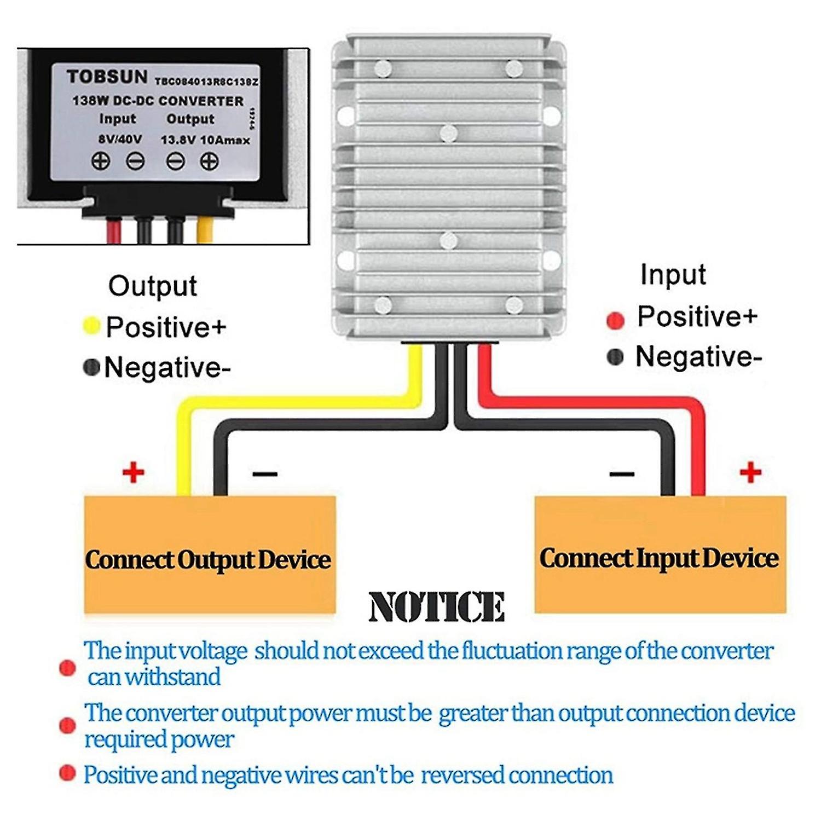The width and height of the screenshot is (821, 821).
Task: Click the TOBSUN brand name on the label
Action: coord(107,77)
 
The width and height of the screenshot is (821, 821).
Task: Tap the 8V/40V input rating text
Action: coord(120,140)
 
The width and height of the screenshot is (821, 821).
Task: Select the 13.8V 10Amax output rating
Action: coord(205,140)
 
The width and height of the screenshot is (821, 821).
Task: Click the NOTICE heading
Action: coord(436,607)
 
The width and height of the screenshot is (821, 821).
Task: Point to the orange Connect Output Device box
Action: coord(210,555)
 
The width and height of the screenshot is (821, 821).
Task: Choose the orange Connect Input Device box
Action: coord(660,555)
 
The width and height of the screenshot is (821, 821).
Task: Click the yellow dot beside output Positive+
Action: coord(91,326)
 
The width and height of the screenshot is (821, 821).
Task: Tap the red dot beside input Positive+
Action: coord(615,320)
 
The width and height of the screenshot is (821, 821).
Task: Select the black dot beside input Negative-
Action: coord(615,357)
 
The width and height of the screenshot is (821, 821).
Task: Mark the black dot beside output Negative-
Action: coord(91,367)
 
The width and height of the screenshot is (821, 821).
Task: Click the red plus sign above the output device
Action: coord(134,472)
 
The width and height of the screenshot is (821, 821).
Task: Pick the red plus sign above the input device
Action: coord(750,472)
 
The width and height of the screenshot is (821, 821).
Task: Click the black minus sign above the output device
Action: coord(265,473)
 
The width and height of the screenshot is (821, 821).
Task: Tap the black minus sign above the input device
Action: coord(622,473)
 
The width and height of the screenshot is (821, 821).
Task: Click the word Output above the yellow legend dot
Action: coord(152,286)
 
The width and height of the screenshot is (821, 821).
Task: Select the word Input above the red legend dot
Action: coord(673,275)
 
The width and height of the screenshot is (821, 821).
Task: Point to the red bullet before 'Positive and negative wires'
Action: coord(67,773)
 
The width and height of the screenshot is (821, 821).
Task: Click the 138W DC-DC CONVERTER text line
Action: coord(158,101)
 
